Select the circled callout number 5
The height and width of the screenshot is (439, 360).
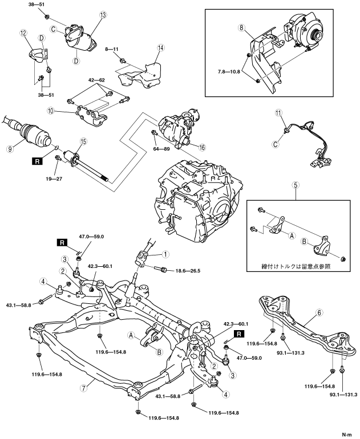click(296, 186)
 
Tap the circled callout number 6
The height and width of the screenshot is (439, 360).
click(319, 312)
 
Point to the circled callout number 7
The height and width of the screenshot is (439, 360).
click(83, 388)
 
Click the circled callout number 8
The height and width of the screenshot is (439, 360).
click(242, 27)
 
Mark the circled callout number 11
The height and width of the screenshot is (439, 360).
click(279, 113)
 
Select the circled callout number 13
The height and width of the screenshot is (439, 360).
click(103, 16)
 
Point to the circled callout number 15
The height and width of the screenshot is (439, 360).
click(83, 141)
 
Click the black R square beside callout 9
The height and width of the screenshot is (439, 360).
click(38, 161)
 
